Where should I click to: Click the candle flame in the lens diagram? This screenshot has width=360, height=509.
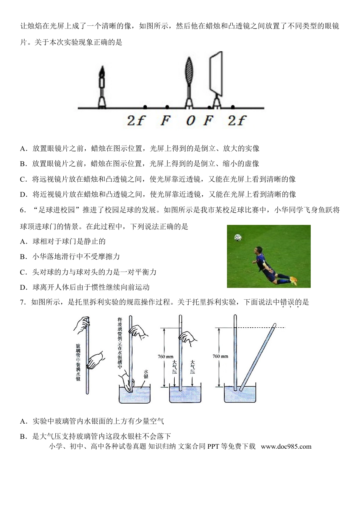coord(102,71)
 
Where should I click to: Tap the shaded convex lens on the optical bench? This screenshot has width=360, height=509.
coord(189,71)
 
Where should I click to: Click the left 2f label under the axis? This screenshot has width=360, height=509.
coord(136,121)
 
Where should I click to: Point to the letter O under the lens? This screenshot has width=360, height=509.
coord(191,121)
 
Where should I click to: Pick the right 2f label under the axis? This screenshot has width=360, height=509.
coord(237,121)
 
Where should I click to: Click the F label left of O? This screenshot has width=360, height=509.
coord(165,121)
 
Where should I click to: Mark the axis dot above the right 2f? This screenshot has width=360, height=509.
coord(233,107)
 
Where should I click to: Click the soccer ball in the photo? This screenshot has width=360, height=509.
coord(238,237)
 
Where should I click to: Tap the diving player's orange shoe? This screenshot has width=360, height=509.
coord(294,281)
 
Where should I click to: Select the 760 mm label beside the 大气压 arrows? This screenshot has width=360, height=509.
coord(166,357)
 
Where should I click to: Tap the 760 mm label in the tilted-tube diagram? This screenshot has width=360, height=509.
coord(220,356)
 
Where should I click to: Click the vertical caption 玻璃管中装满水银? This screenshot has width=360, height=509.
coord(78,362)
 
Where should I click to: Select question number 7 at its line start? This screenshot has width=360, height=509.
coord(22,302)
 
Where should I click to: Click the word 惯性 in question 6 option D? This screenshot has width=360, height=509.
coord(99,287)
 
